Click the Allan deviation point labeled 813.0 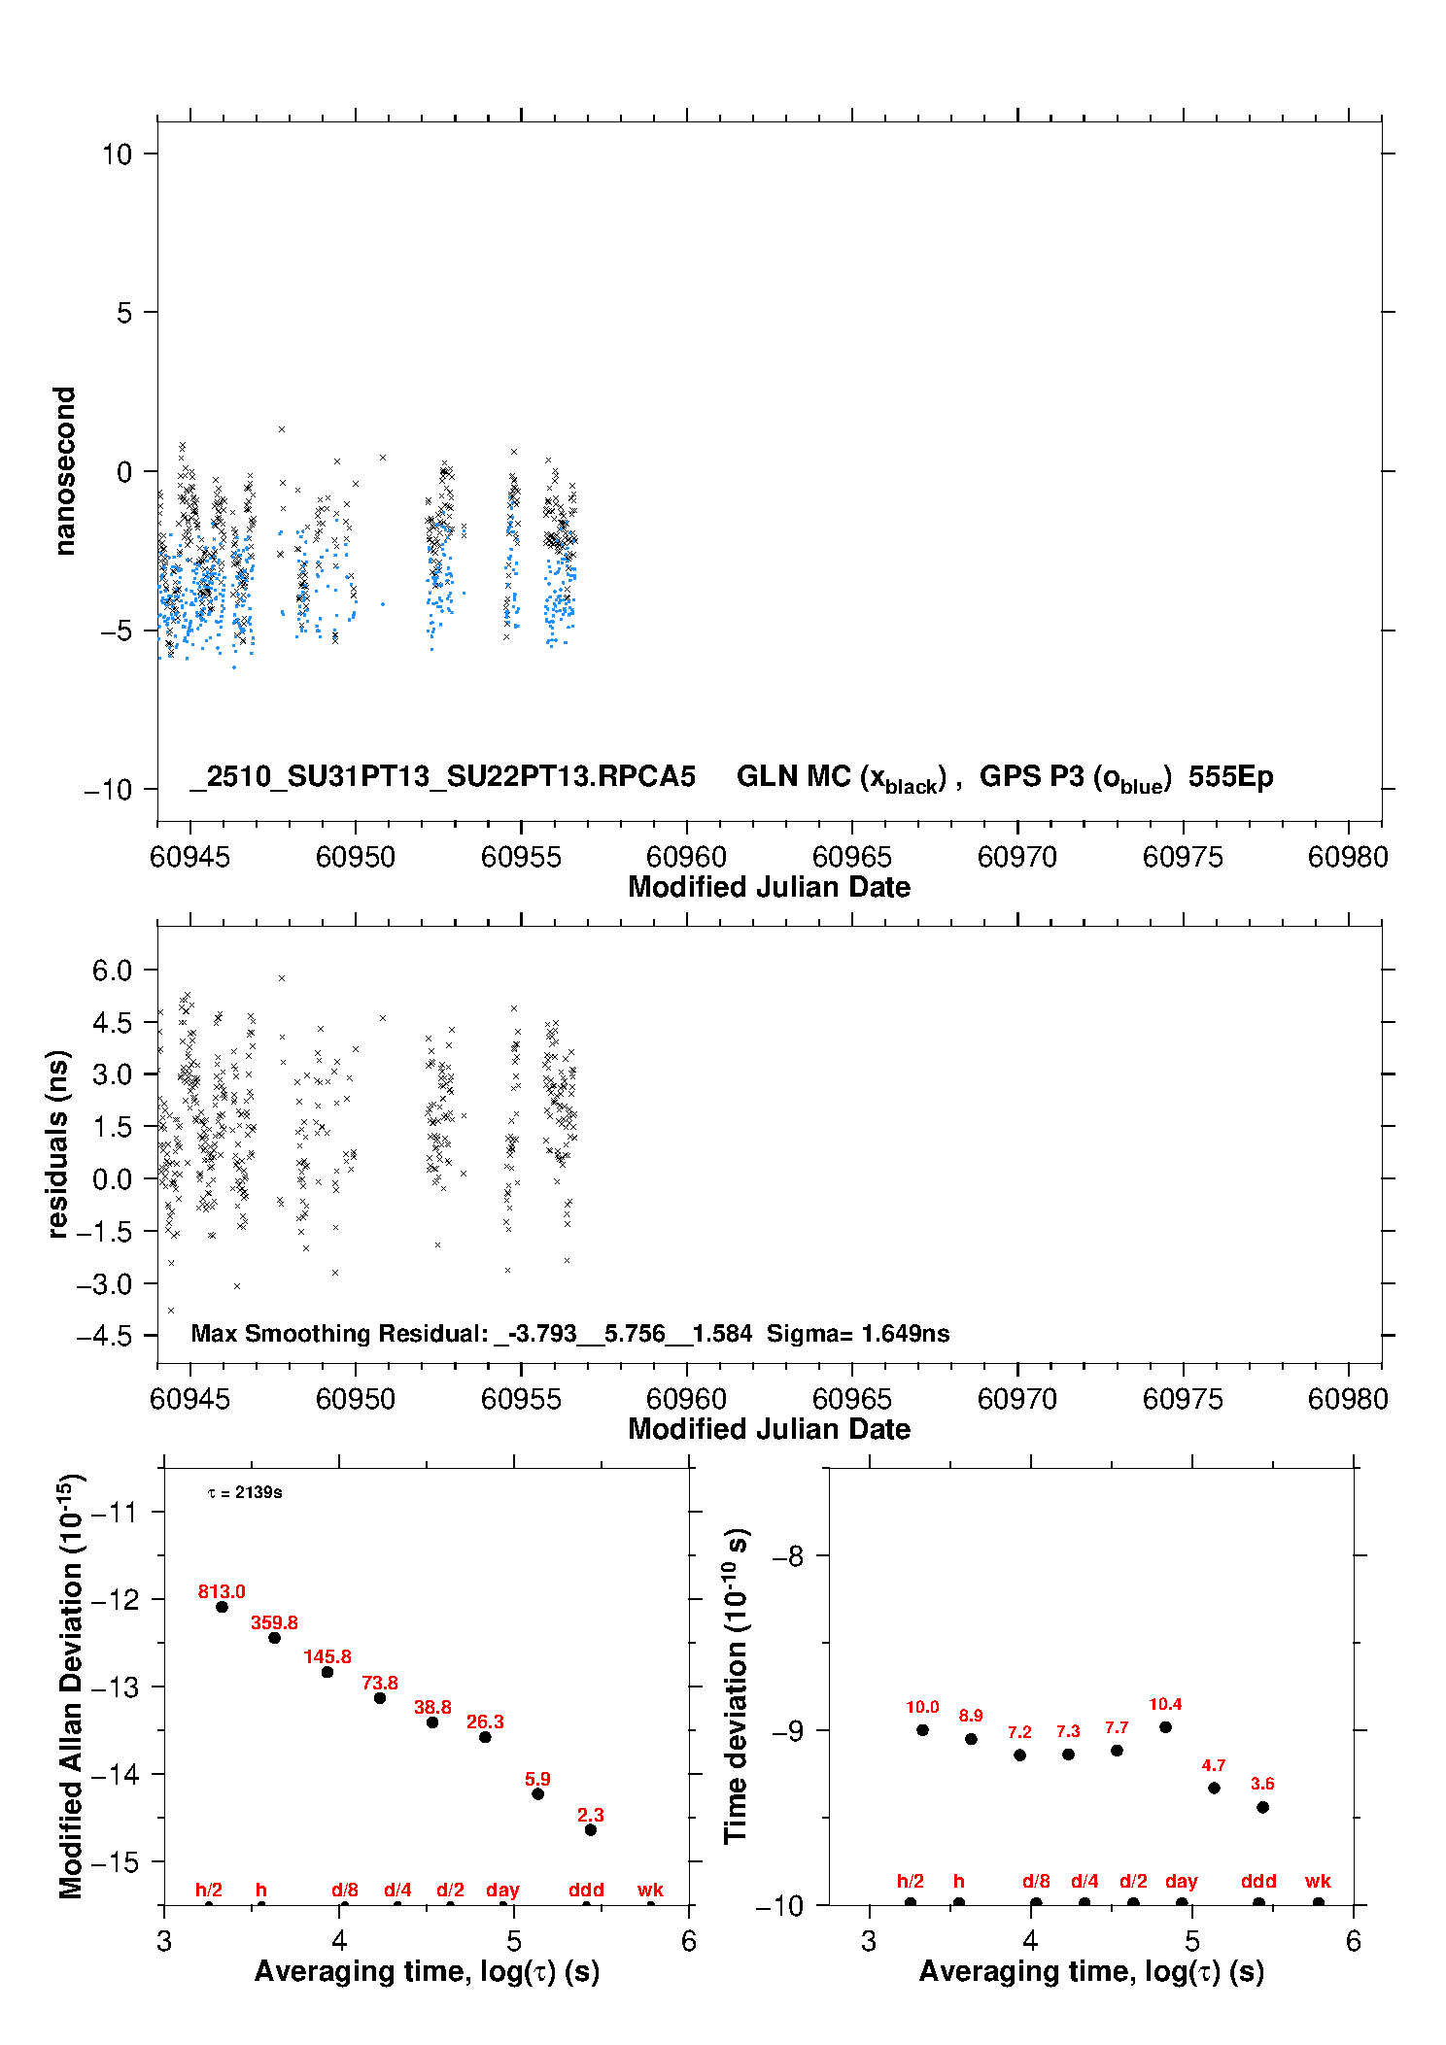click(x=222, y=1606)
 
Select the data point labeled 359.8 click(x=274, y=1637)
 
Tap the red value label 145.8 click(x=327, y=1656)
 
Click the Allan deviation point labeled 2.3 click(x=590, y=1829)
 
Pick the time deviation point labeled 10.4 click(x=1165, y=1726)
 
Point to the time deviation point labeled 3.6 click(x=1262, y=1807)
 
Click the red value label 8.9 click(x=971, y=1716)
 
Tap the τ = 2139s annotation click(x=245, y=1492)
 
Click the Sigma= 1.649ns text click(x=858, y=1333)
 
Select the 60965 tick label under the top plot click(x=851, y=857)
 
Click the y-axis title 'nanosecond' click(x=65, y=471)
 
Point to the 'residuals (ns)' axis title click(x=58, y=1143)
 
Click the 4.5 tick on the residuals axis click(x=112, y=1022)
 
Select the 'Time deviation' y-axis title click(x=736, y=1686)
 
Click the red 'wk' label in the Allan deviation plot click(x=650, y=1890)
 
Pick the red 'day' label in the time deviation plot click(x=1181, y=1881)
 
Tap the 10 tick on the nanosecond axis click(x=118, y=153)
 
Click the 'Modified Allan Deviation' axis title click(x=71, y=1686)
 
